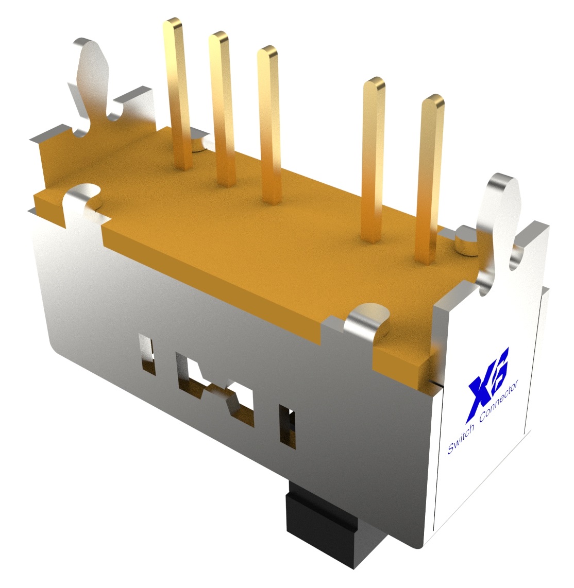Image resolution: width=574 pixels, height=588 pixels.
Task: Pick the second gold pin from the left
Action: coord(222,103)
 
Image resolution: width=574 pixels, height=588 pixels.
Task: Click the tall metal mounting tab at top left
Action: coord(93,77)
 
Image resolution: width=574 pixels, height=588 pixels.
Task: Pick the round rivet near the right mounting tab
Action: coord(466,242)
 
